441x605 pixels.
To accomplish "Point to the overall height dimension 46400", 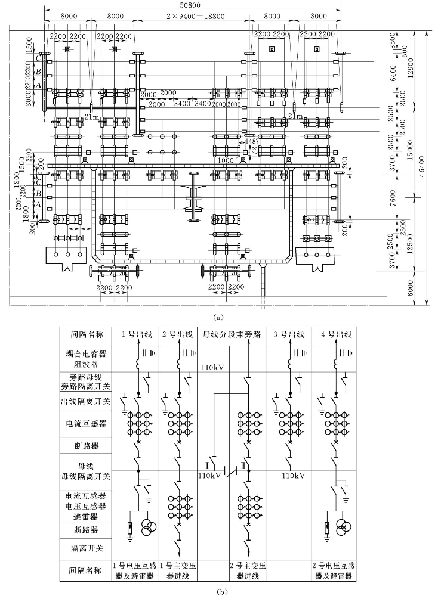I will pos(422,169).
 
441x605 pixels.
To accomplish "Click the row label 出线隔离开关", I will pos(86,401).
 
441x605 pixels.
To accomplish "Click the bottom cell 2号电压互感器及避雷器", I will pos(332,571).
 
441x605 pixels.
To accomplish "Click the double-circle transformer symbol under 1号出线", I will pos(149,526).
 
